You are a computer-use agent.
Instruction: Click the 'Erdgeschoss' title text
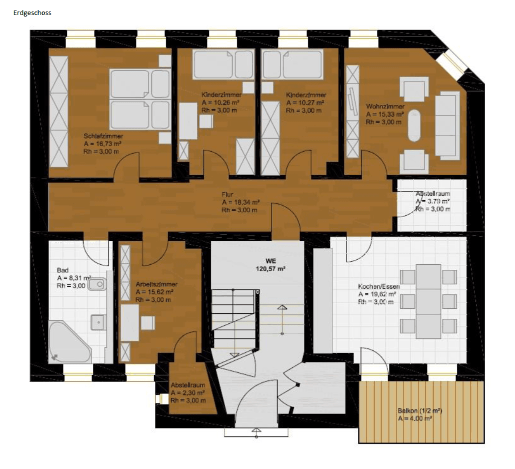[32, 13]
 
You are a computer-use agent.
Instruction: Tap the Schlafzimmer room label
[103, 136]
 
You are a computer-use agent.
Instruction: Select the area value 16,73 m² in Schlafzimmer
[103, 143]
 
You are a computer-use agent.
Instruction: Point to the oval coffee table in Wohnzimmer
[414, 128]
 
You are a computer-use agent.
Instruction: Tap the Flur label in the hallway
[227, 194]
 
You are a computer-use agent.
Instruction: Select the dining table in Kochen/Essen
[428, 301]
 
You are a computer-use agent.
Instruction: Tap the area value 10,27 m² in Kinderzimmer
[305, 103]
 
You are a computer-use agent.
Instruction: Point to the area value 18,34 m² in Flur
[240, 202]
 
